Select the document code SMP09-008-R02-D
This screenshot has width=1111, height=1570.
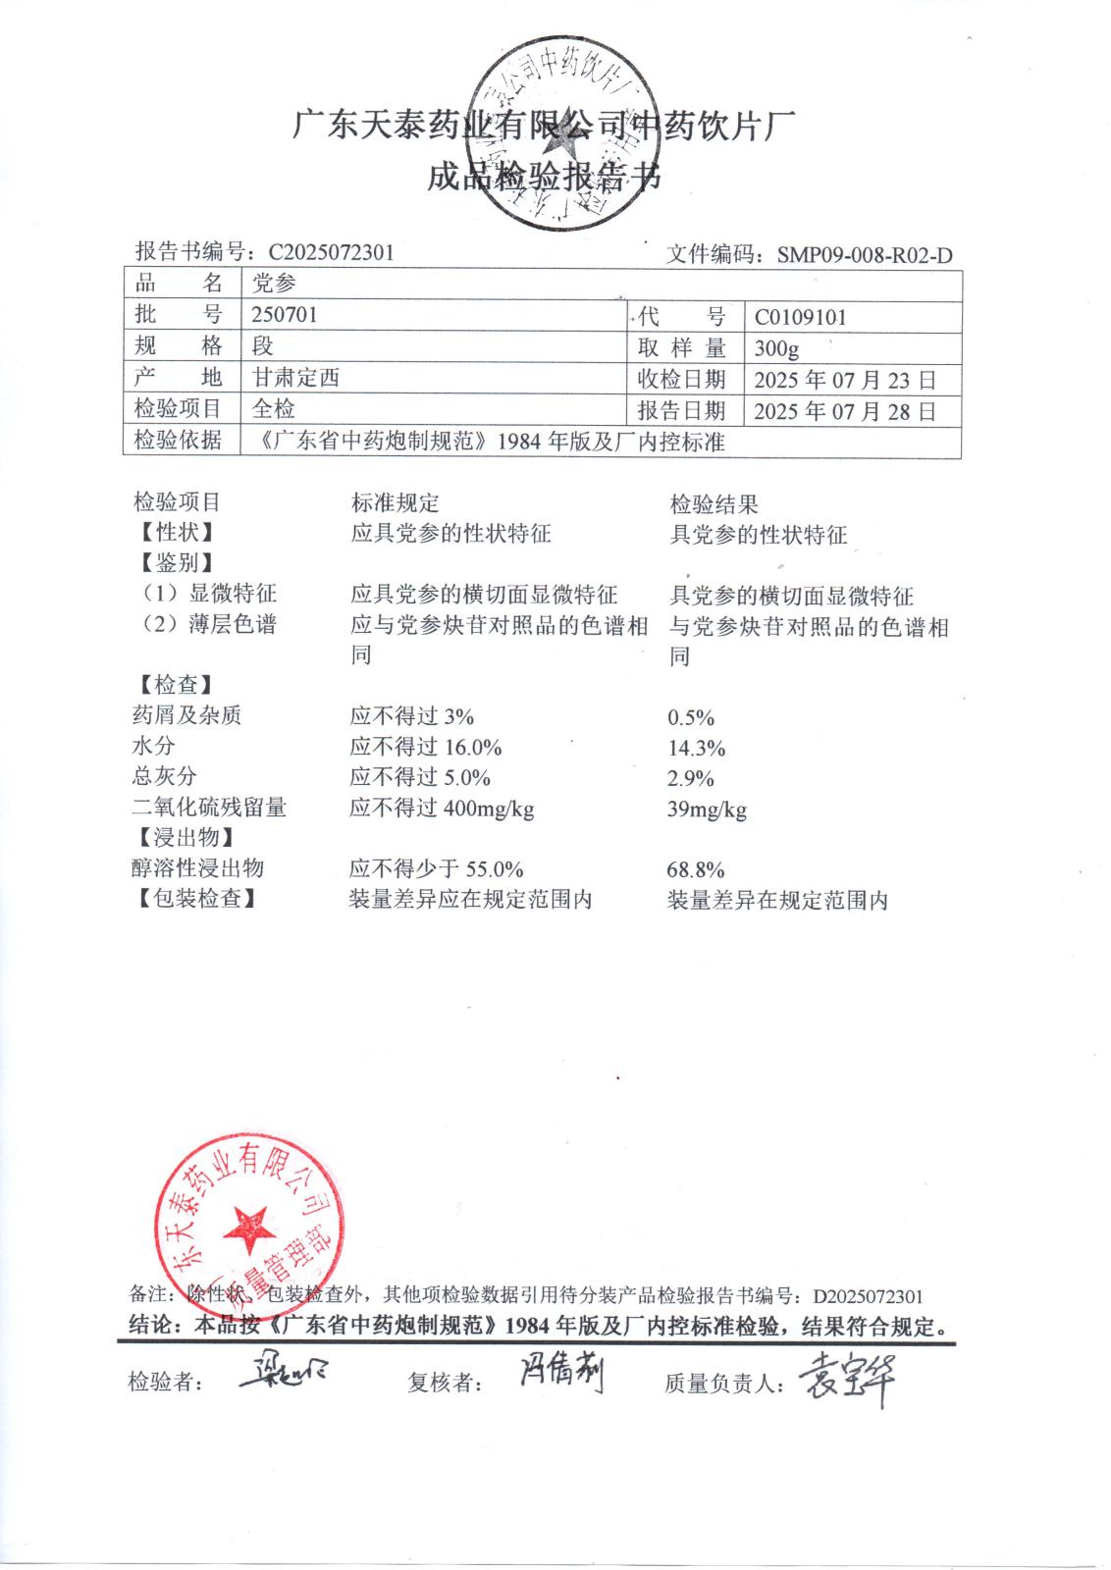(x=864, y=256)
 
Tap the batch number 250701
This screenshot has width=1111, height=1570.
(x=285, y=315)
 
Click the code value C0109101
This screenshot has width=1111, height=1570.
(x=800, y=317)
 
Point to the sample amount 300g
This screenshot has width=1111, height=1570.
(x=776, y=348)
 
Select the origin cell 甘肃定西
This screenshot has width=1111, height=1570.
(x=296, y=378)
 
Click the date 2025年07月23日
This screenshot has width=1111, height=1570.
(x=844, y=380)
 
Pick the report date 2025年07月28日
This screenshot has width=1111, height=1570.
(x=844, y=411)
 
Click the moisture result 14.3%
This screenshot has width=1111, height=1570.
(x=696, y=749)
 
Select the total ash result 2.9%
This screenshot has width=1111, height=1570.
(x=691, y=779)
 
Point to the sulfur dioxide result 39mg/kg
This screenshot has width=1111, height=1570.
(x=707, y=810)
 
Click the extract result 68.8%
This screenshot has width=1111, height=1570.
(x=696, y=869)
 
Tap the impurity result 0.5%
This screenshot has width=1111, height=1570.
(x=691, y=717)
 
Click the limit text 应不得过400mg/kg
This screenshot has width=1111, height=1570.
(x=442, y=809)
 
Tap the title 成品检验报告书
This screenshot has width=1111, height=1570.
(x=545, y=178)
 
